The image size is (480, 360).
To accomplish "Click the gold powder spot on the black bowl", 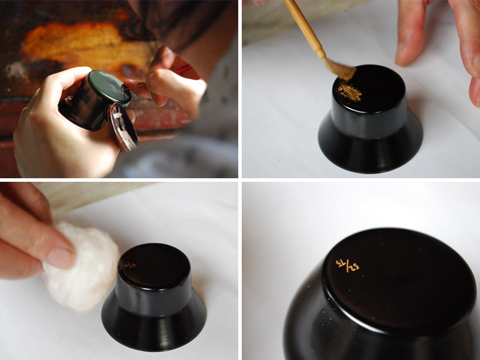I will click(x=349, y=92).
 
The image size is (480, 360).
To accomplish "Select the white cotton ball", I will click(x=73, y=267).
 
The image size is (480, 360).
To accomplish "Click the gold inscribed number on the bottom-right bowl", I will click(x=347, y=266).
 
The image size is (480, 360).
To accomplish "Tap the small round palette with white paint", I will click(x=124, y=125).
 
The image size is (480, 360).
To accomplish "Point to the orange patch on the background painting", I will click(x=65, y=44).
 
